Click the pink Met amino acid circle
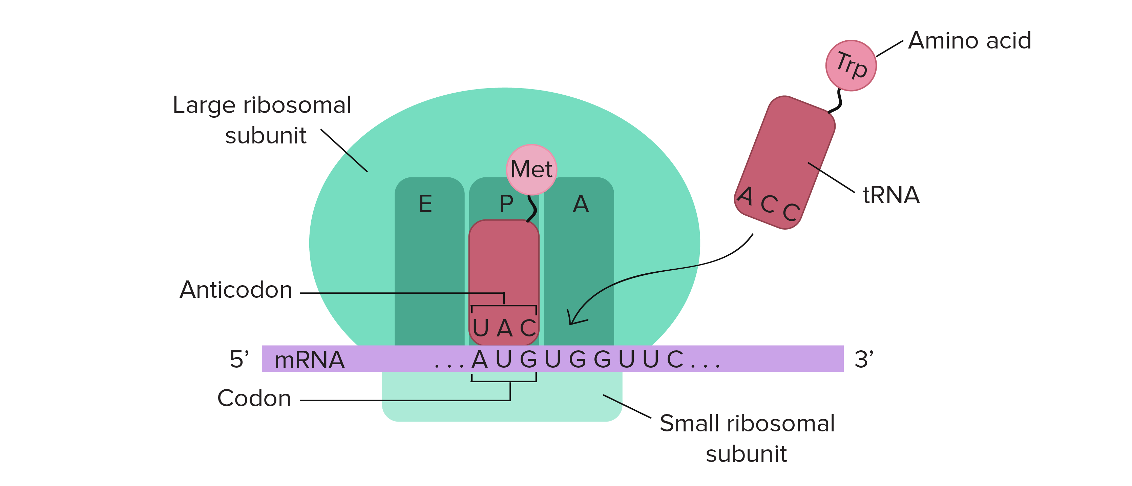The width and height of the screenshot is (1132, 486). pyautogui.click(x=531, y=169)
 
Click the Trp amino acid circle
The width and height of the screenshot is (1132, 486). pyautogui.click(x=851, y=65)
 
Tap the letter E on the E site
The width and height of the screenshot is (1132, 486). pyautogui.click(x=425, y=204)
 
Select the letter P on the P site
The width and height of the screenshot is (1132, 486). pyautogui.click(x=506, y=204)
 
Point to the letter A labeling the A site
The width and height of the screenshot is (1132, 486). pyautogui.click(x=581, y=204)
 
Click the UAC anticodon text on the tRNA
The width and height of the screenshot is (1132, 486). pyautogui.click(x=504, y=328)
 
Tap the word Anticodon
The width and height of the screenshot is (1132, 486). pyautogui.click(x=236, y=290)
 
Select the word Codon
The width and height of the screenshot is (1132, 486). pyautogui.click(x=254, y=398)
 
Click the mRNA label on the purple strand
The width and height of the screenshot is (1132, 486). pyautogui.click(x=309, y=360)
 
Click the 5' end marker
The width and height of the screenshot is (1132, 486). pyautogui.click(x=239, y=359)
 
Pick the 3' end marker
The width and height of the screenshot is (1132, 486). pyautogui.click(x=863, y=359)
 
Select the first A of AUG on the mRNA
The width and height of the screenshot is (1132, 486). pyautogui.click(x=479, y=359)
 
